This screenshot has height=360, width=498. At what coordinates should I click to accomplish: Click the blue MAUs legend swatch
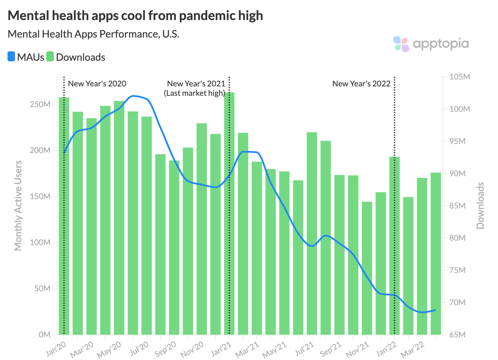point(11,57)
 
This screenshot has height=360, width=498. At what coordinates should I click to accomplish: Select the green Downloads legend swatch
point(50,57)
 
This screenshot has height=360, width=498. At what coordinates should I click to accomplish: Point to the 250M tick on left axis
point(40,104)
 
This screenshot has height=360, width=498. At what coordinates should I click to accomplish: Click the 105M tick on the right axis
point(460,77)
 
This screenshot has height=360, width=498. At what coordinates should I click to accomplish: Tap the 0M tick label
point(44,335)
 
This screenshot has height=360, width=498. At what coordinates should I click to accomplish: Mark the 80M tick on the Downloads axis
point(457,238)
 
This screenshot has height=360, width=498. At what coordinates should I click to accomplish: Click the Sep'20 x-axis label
point(165,349)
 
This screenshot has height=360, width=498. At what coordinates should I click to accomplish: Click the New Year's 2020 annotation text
point(97,84)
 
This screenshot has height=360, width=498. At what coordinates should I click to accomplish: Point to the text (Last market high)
point(194,93)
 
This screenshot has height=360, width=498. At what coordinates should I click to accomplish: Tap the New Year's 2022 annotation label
point(361,84)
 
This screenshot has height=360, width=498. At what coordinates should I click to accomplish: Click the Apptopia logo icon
point(401,44)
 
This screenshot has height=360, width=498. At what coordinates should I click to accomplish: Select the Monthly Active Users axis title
point(18,205)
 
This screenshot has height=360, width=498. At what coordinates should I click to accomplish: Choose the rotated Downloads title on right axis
point(480,205)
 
